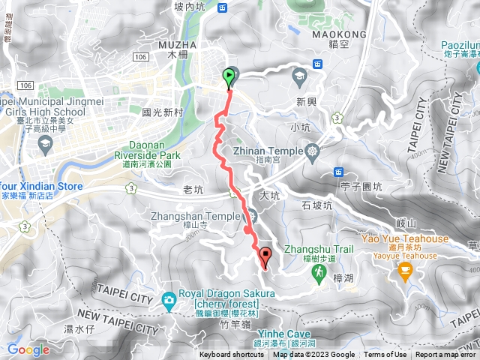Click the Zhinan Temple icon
tap(312, 151)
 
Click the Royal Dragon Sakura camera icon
tap(169, 301)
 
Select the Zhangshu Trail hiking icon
tap(319, 274)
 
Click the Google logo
tap(28, 349)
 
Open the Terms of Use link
tap(385, 355)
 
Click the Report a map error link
tap(445, 355)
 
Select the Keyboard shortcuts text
tap(232, 355)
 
